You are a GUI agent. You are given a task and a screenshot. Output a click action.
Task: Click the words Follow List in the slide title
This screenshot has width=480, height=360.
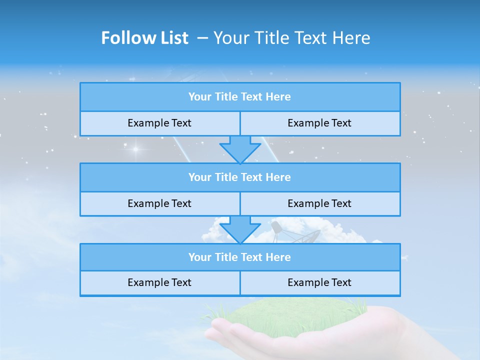point(144,38)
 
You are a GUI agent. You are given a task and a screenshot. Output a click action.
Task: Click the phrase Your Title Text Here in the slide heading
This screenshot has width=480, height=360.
point(291,38)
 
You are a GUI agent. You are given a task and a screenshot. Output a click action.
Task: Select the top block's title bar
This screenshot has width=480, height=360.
point(240,97)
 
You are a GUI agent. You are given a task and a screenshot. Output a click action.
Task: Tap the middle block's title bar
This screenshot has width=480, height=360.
point(240,177)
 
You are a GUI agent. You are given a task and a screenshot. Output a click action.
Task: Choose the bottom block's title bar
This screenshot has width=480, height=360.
point(240,257)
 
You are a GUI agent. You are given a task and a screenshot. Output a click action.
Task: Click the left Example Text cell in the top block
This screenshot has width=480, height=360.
point(159,123)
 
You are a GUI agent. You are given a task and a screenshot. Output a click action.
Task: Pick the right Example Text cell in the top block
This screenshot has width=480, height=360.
point(319,123)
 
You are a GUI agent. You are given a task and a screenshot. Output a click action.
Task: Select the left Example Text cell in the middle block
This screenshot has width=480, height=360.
point(159,203)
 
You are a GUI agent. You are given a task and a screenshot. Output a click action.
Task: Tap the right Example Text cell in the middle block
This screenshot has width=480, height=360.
point(319,203)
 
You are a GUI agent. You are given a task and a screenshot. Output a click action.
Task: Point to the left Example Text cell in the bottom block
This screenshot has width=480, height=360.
point(159,282)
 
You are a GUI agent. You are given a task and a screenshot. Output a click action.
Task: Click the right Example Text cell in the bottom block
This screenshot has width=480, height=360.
point(319,282)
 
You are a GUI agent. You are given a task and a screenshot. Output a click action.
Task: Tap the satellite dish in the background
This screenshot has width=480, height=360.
point(300,233)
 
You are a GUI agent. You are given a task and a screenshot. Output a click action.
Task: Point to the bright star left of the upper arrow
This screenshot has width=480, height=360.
point(135,149)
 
